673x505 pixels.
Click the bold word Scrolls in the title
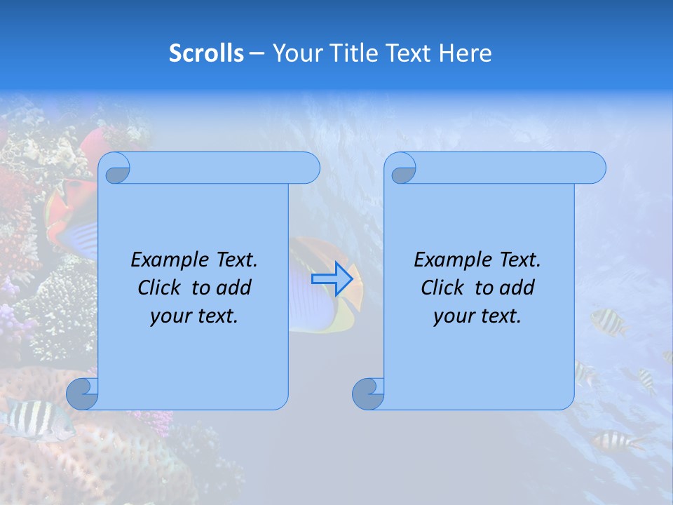pos(206,53)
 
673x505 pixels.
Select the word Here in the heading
pos(465,53)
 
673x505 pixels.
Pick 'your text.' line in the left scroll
pos(194,316)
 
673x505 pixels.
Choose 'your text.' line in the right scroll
pos(477,316)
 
